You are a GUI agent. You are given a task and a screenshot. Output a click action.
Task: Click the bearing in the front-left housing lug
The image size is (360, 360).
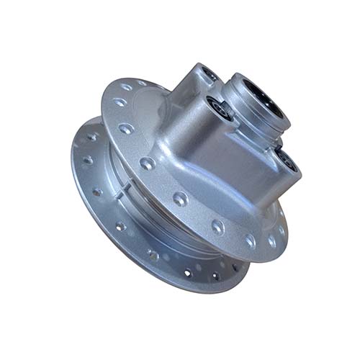(x=218, y=110)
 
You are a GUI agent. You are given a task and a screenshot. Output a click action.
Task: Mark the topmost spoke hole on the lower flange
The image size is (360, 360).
(x=92, y=136)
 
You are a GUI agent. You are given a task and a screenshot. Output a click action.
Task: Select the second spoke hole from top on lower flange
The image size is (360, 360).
(x=86, y=160)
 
